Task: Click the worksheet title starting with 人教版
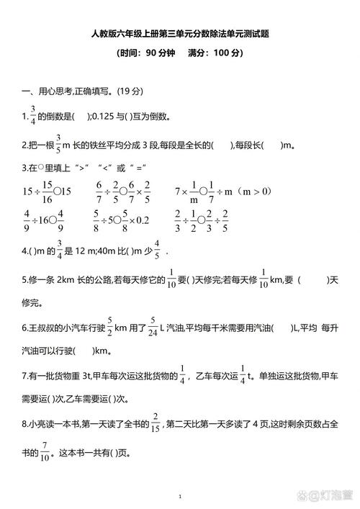pos(179,34)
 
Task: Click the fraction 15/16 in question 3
pos(47,192)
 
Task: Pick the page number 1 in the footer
pos(180,496)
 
